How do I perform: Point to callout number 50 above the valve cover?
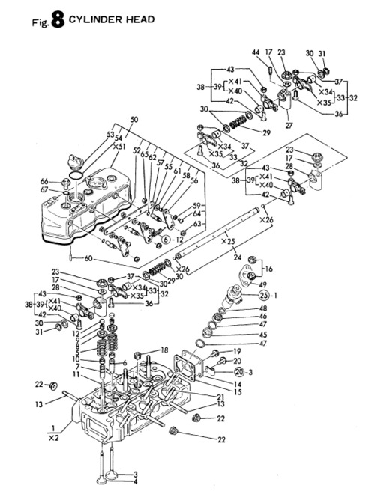(x=134, y=121)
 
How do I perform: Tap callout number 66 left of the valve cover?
(x=44, y=181)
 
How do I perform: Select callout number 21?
(x=220, y=397)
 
